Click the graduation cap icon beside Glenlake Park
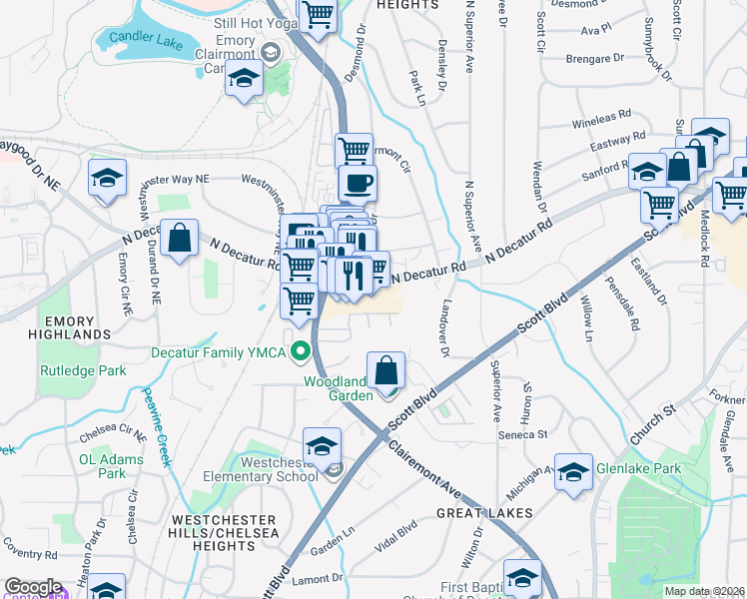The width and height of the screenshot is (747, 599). coord(573,472)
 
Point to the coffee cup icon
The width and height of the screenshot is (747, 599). coord(357,182)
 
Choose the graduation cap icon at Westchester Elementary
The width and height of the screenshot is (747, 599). coord(323,445)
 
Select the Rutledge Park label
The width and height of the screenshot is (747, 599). coord(71,370)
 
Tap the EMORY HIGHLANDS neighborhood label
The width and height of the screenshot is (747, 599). coord(62,326)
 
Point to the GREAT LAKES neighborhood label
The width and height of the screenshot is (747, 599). coord(484,512)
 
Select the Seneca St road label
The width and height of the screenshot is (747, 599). coord(529,434)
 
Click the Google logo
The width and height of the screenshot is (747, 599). coord(33,587)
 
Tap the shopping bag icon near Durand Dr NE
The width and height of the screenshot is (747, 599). coord(178,238)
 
